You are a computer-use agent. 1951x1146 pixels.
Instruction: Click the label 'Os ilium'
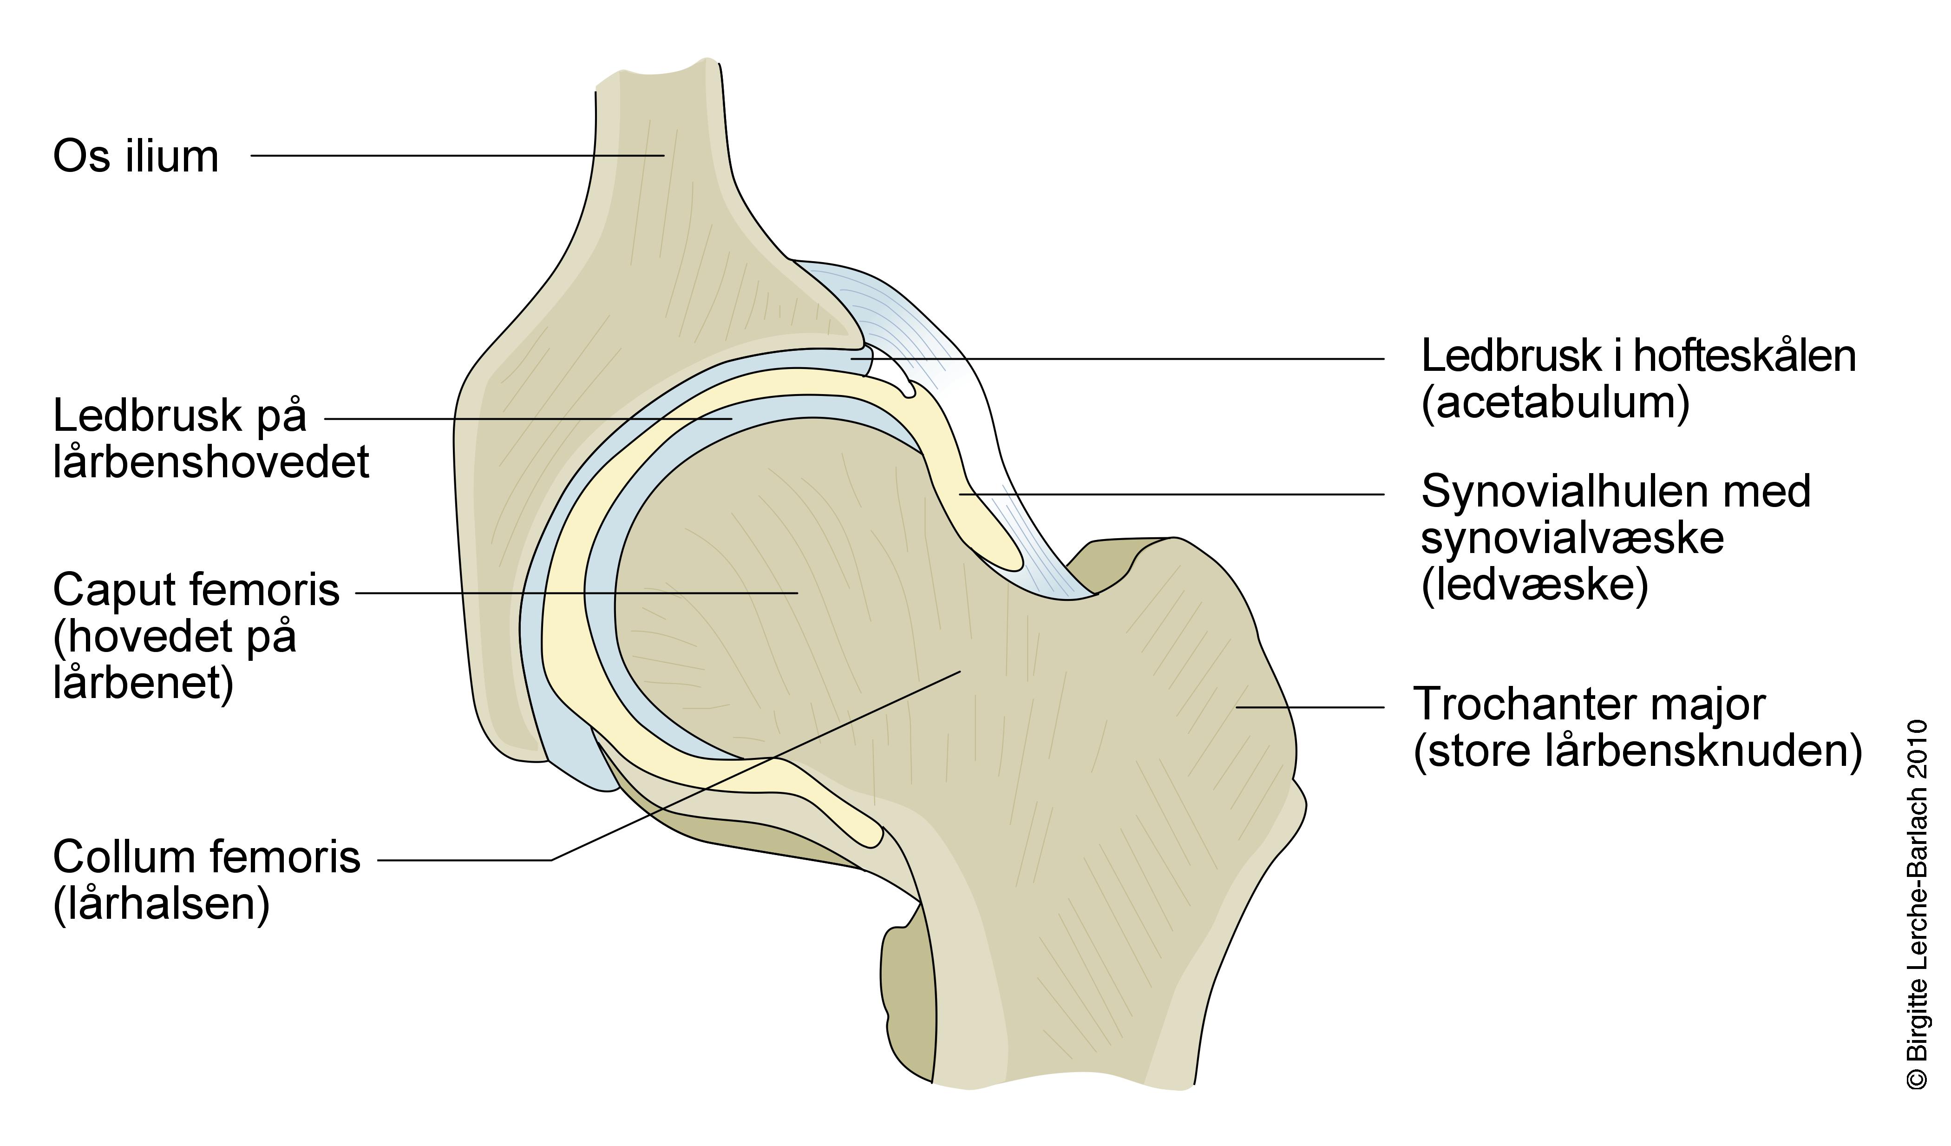click(x=136, y=157)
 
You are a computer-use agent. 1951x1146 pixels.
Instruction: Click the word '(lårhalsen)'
click(x=161, y=904)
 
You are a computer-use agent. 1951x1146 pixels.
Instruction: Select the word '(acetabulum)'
click(x=1555, y=402)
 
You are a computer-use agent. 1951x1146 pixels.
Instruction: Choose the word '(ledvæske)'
click(x=1534, y=586)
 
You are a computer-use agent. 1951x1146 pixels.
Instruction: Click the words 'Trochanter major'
click(x=1590, y=705)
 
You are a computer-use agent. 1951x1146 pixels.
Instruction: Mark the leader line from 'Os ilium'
click(x=457, y=156)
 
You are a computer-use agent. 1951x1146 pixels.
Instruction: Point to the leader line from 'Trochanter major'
click(x=1309, y=707)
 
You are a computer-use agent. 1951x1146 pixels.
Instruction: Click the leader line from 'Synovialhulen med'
click(x=1169, y=494)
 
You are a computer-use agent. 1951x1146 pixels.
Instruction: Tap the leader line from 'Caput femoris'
click(x=577, y=593)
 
